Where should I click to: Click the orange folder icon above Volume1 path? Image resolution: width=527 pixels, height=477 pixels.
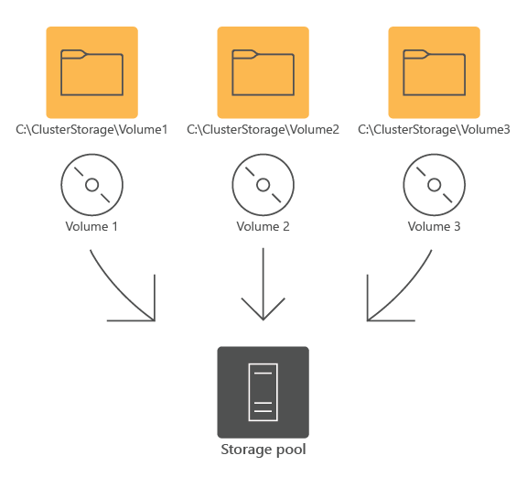(x=91, y=72)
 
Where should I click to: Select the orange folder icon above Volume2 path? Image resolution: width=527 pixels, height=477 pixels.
(x=263, y=72)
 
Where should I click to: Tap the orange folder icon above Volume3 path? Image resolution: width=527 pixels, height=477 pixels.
(x=435, y=72)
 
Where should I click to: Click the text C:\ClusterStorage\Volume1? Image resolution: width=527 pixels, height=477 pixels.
(x=91, y=130)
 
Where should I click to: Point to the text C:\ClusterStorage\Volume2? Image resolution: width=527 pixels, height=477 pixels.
(x=263, y=130)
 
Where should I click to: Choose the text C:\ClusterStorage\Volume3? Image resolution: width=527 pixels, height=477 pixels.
(x=434, y=130)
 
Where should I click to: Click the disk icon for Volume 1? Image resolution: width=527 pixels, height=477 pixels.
(x=91, y=185)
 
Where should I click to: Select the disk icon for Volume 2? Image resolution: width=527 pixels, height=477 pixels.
(x=263, y=185)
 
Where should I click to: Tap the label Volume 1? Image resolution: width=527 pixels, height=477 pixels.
(x=91, y=225)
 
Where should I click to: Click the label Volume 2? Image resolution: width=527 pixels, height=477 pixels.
(x=263, y=225)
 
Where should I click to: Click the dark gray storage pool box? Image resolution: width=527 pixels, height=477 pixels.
(x=263, y=392)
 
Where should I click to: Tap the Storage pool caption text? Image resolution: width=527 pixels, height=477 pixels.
(x=263, y=450)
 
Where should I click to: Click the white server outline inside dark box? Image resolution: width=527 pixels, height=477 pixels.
(x=263, y=392)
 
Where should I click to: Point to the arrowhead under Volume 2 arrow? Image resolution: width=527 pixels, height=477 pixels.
(x=263, y=311)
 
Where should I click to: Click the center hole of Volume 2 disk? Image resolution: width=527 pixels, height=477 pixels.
(x=263, y=185)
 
